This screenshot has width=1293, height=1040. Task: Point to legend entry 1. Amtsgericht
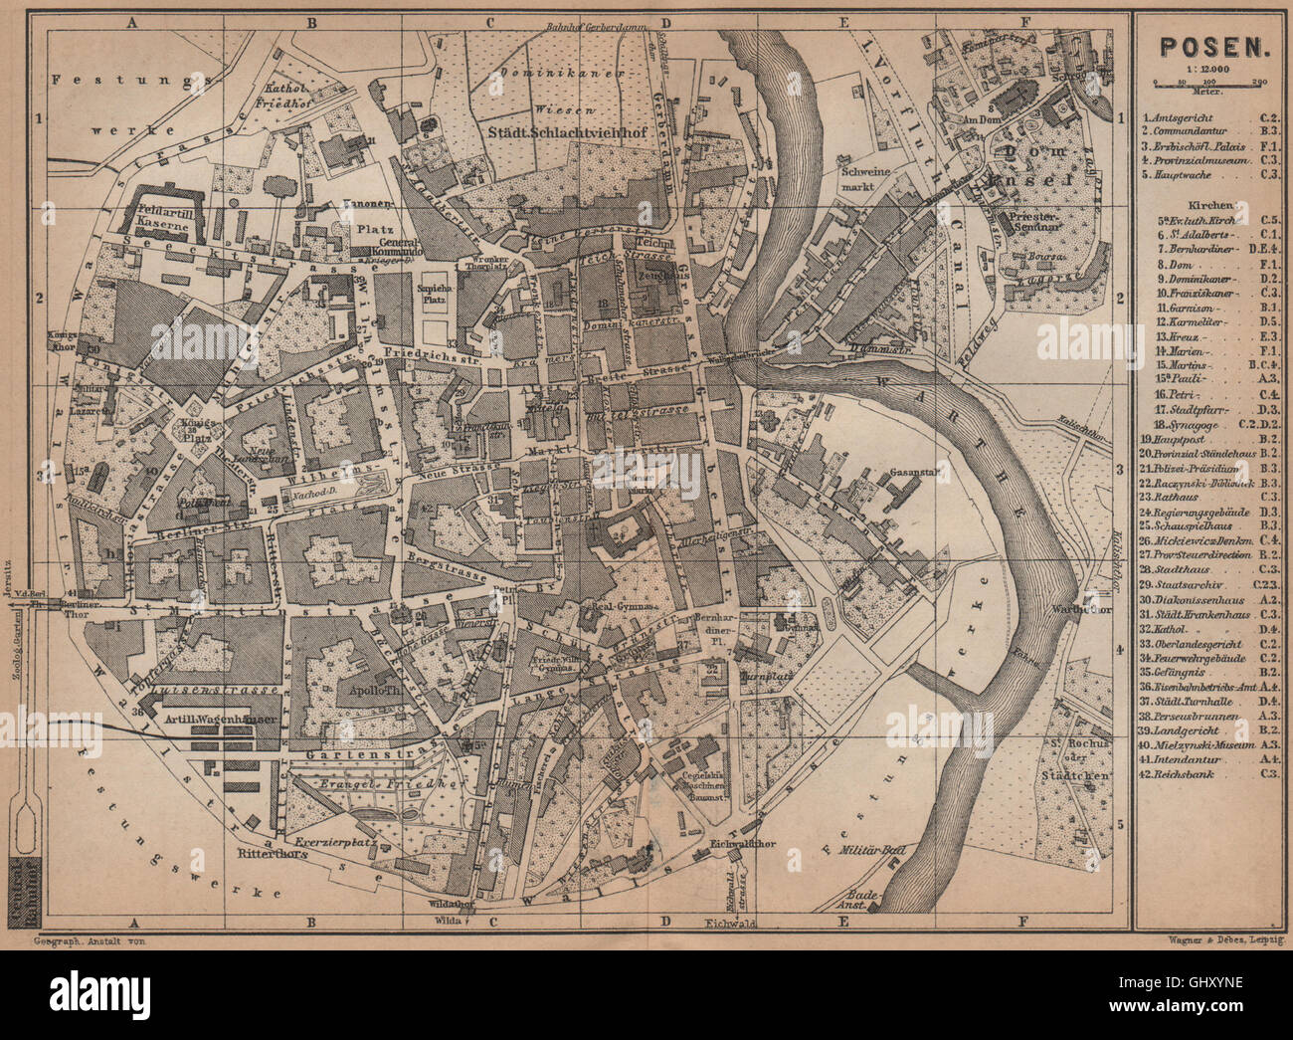(x=1183, y=116)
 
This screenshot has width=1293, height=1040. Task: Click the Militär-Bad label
(x=852, y=849)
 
